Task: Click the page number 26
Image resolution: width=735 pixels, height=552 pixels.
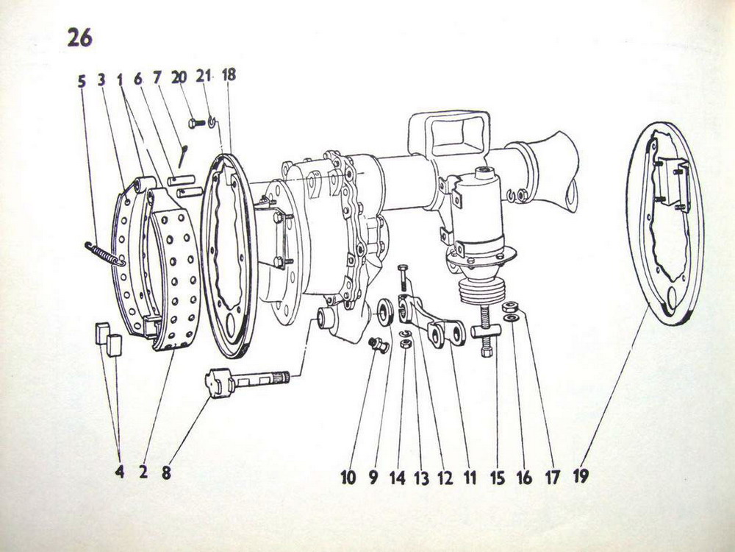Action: [x=79, y=38]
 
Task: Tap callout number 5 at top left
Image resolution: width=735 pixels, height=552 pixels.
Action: [x=82, y=81]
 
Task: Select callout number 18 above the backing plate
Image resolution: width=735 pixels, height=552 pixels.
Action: [x=229, y=74]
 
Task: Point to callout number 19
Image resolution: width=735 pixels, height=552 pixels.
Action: [x=581, y=476]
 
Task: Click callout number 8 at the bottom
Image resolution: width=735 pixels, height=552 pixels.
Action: [x=166, y=473]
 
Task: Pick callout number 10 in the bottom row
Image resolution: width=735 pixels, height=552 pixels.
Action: [x=348, y=478]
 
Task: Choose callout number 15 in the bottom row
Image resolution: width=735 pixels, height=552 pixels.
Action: [x=498, y=478]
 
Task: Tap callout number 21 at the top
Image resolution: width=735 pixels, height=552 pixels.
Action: [x=203, y=76]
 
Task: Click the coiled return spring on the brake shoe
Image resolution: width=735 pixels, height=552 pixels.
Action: [x=105, y=254]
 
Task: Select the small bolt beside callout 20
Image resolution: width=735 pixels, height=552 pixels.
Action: [x=197, y=124]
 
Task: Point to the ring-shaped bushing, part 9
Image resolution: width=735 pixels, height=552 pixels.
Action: [x=385, y=311]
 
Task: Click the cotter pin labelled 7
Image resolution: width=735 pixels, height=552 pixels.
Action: [x=183, y=156]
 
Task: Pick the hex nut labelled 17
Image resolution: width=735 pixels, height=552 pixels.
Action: [x=509, y=308]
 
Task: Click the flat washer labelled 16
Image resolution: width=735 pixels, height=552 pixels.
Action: [x=511, y=319]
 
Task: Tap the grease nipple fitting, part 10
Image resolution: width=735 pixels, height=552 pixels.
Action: [x=379, y=344]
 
